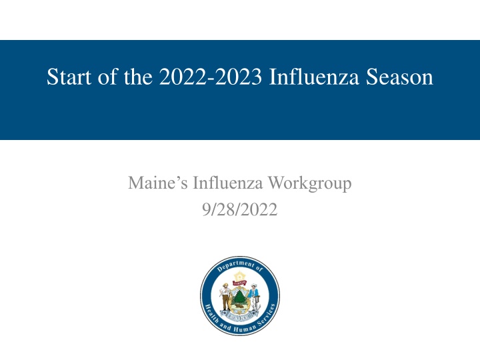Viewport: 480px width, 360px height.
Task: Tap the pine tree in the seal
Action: tap(240, 297)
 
